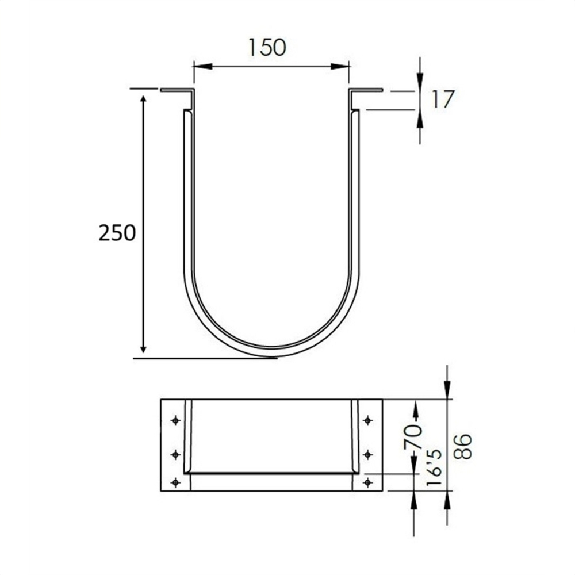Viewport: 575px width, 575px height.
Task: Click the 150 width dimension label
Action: [x=267, y=47]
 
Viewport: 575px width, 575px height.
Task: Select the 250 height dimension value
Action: [x=117, y=233]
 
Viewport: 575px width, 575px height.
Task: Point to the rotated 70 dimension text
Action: [x=413, y=437]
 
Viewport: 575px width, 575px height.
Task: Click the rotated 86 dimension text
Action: [x=463, y=446]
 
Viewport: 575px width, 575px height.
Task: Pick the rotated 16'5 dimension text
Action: [x=435, y=469]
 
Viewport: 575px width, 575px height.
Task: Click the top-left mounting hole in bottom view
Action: [x=176, y=420]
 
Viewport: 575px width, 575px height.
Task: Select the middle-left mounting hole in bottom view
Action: [x=176, y=455]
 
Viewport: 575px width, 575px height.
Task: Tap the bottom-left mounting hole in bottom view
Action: [x=176, y=482]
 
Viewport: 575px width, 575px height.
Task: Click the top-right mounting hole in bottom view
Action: [x=368, y=420]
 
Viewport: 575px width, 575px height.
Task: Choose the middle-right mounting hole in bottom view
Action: [x=368, y=455]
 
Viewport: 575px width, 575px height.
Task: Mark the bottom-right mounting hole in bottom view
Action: [x=368, y=482]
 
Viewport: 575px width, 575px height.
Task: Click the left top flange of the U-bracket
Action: [x=176, y=90]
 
